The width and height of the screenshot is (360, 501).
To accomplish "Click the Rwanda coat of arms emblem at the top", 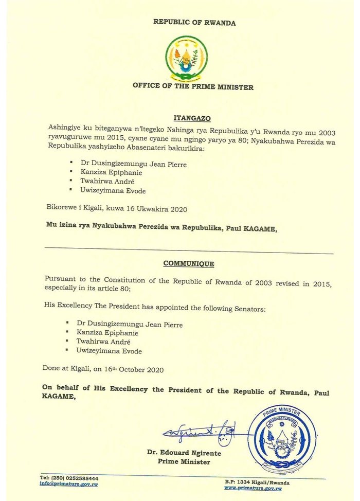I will (187, 57).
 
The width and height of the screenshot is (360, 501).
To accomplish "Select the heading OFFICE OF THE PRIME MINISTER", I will (193, 87).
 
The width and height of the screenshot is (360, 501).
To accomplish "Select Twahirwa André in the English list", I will (108, 342).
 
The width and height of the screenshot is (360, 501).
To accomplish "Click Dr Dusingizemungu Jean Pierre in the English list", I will (129, 324).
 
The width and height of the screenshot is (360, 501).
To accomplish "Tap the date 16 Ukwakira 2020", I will (156, 210).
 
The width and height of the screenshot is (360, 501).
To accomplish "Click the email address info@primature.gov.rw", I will (69, 485).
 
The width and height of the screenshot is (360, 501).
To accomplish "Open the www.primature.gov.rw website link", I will (253, 488).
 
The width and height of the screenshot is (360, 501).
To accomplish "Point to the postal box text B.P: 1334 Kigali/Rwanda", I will (257, 482).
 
